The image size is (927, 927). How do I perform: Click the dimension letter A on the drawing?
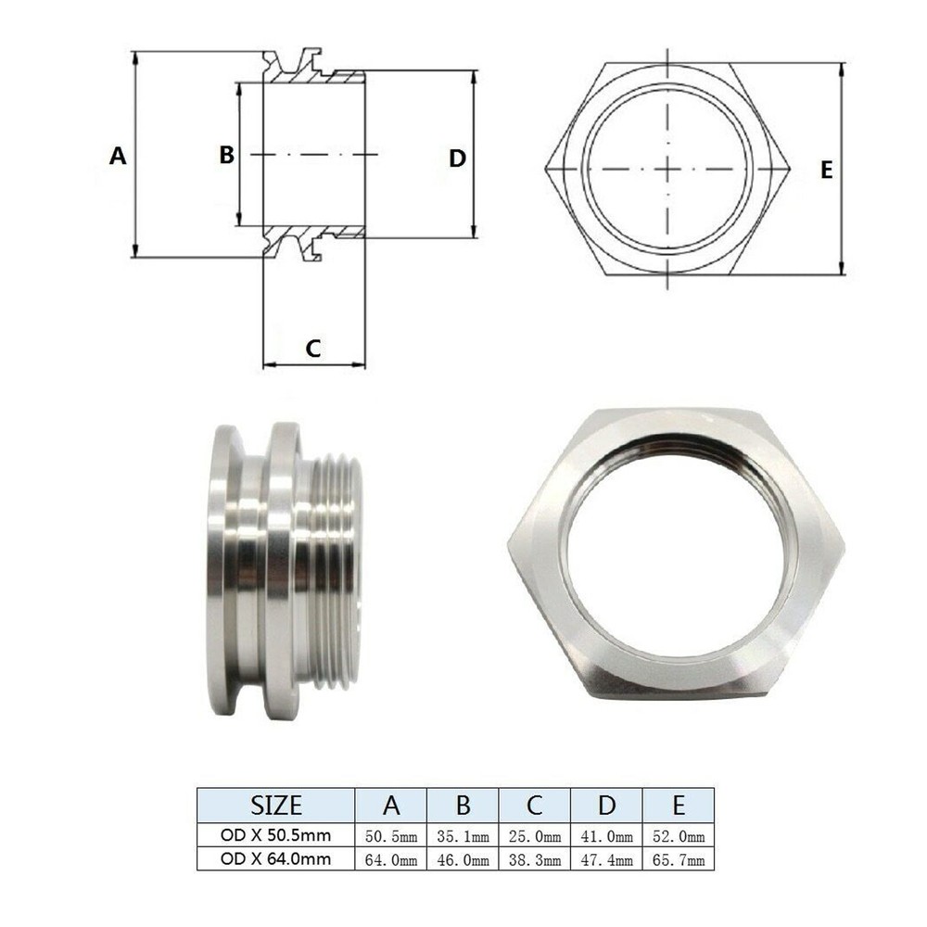pyautogui.click(x=118, y=156)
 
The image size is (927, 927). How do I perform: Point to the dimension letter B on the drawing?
pyautogui.click(x=227, y=155)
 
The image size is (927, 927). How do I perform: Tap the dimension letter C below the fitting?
pyautogui.click(x=313, y=349)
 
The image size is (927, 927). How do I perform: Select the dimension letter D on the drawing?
pyautogui.click(x=457, y=158)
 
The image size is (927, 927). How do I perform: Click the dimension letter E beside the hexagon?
pyautogui.click(x=827, y=170)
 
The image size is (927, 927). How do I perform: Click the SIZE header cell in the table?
pyautogui.click(x=276, y=804)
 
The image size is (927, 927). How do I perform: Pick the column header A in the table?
pyautogui.click(x=390, y=804)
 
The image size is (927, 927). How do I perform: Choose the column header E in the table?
pyautogui.click(x=679, y=804)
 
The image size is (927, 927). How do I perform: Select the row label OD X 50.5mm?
pyautogui.click(x=276, y=836)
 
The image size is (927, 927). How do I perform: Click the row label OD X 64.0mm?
pyautogui.click(x=276, y=859)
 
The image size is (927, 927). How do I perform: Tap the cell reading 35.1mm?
pyautogui.click(x=463, y=837)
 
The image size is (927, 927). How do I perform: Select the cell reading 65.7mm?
pyautogui.click(x=679, y=860)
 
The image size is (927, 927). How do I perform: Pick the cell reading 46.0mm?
pyautogui.click(x=463, y=860)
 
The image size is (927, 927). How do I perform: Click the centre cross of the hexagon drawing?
pyautogui.click(x=667, y=168)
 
